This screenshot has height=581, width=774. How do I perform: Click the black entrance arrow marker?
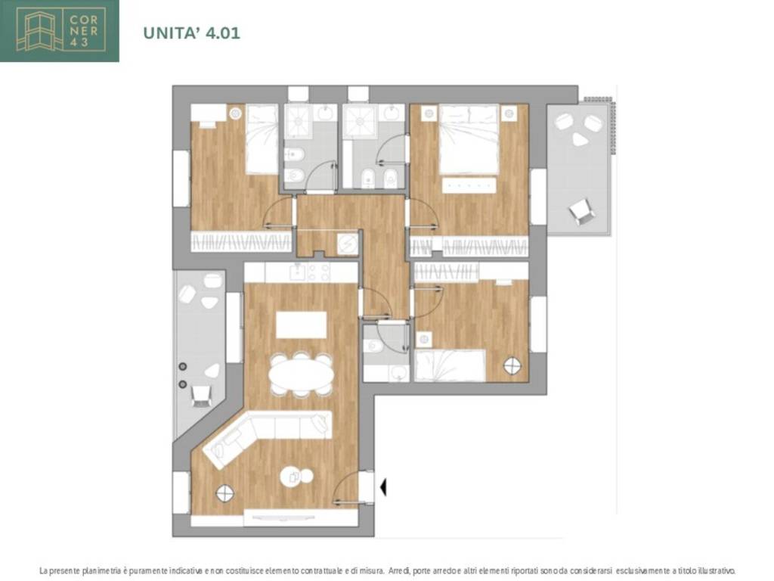pos(383,487)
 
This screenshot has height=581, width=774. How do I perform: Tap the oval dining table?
pos(301,374)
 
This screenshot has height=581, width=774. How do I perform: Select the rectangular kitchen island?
pos(301,325)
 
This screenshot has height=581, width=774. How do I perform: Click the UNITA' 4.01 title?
pos(191,33)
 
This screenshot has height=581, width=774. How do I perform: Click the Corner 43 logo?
pos(60,30)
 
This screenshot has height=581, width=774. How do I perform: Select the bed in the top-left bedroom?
pos(262,139)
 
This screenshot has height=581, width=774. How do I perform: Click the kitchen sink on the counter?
pos(298,272)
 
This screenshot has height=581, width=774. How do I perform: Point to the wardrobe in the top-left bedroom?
pos(241,242)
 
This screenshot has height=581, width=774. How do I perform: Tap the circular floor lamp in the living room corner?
pos(225,493)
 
